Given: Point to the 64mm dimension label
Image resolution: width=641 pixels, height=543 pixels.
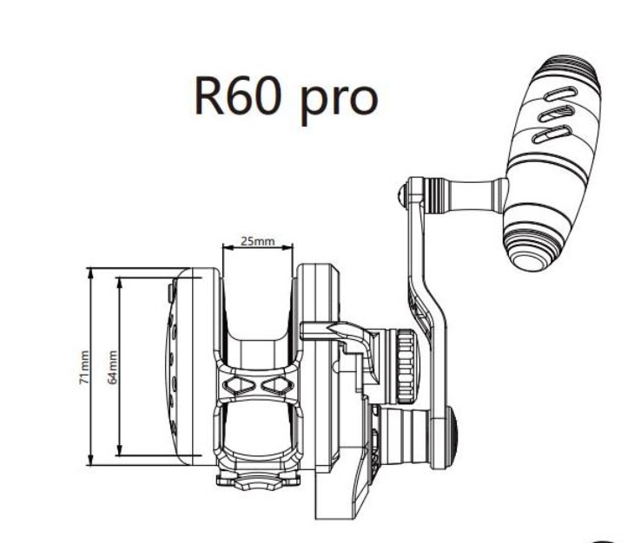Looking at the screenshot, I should click(x=111, y=367).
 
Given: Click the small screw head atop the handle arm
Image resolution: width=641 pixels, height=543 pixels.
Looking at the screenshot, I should click(x=400, y=196).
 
